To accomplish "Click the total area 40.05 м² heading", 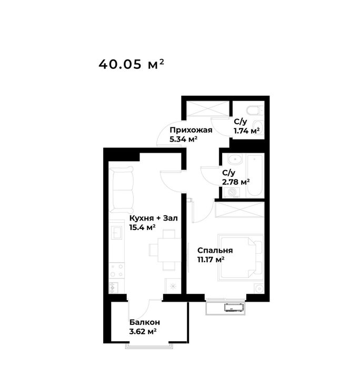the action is pyautogui.click(x=131, y=64).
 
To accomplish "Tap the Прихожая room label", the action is pyautogui.click(x=191, y=130).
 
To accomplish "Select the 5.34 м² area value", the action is pyautogui.click(x=183, y=139).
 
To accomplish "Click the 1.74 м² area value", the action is pyautogui.click(x=247, y=131).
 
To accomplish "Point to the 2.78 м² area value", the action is pyautogui.click(x=236, y=182).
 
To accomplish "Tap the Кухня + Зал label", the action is pyautogui.click(x=154, y=218).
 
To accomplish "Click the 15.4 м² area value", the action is pyautogui.click(x=143, y=227).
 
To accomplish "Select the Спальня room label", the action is pyautogui.click(x=215, y=251).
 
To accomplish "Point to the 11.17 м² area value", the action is pyautogui.click(x=211, y=260).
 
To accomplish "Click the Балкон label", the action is pyautogui.click(x=145, y=322).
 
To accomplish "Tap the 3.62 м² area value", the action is pyautogui.click(x=143, y=331).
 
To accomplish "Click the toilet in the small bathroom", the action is pyautogui.click(x=255, y=110).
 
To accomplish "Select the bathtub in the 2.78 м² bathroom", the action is pyautogui.click(x=255, y=175).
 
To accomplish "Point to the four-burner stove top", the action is pyautogui.click(x=117, y=270).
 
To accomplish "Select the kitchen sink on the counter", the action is pyautogui.click(x=116, y=232).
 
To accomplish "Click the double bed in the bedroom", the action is pyautogui.click(x=241, y=257).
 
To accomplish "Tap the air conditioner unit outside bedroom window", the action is pyautogui.click(x=234, y=307).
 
